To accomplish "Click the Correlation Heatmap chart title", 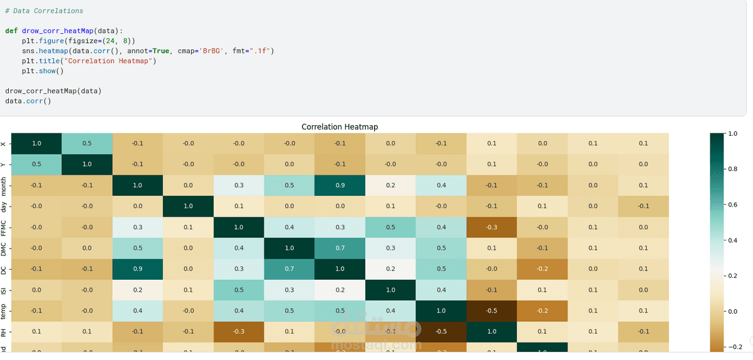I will point(340,127).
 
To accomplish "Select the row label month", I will point(4,185).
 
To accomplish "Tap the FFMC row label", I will point(4,227).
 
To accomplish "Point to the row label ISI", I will point(4,289).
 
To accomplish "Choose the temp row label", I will point(4,311).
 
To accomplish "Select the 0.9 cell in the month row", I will point(340,185).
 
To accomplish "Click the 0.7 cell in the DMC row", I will point(340,248).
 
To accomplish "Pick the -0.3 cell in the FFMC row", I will point(492,227).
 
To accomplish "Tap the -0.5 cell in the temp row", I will point(492,311).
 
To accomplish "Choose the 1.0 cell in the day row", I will point(188,206).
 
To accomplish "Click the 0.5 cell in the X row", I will point(87,143).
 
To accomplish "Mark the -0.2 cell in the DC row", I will point(543,269).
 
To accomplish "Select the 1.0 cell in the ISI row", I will point(390,289).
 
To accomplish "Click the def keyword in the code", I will point(11,31).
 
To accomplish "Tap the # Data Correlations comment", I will point(44,11).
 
